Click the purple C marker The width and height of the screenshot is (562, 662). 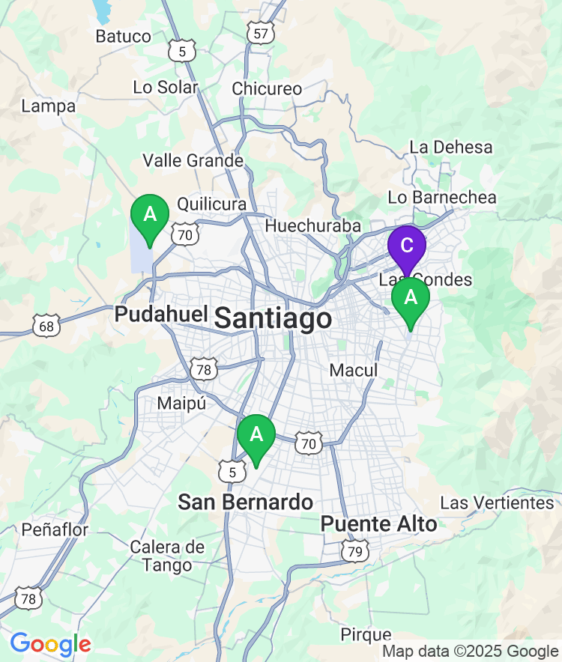click(x=406, y=246)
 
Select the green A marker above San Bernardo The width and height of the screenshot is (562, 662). click(x=256, y=435)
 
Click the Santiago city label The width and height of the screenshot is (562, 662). click(x=273, y=318)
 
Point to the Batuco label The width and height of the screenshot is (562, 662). click(x=124, y=36)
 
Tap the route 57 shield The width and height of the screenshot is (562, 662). click(x=260, y=34)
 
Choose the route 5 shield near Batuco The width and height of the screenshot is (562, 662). click(x=182, y=52)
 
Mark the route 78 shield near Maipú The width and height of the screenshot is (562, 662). click(x=204, y=368)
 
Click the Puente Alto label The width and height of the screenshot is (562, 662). click(x=378, y=524)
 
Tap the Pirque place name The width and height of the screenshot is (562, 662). click(x=366, y=635)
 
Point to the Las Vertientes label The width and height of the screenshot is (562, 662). click(x=497, y=502)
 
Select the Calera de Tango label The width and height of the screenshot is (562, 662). click(x=167, y=556)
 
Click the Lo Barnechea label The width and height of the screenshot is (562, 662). click(x=442, y=198)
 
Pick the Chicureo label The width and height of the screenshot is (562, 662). click(x=267, y=88)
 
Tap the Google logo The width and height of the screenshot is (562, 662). click(x=50, y=644)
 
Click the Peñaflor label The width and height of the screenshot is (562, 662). click(x=55, y=529)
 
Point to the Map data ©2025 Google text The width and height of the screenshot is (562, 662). click(x=470, y=652)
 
